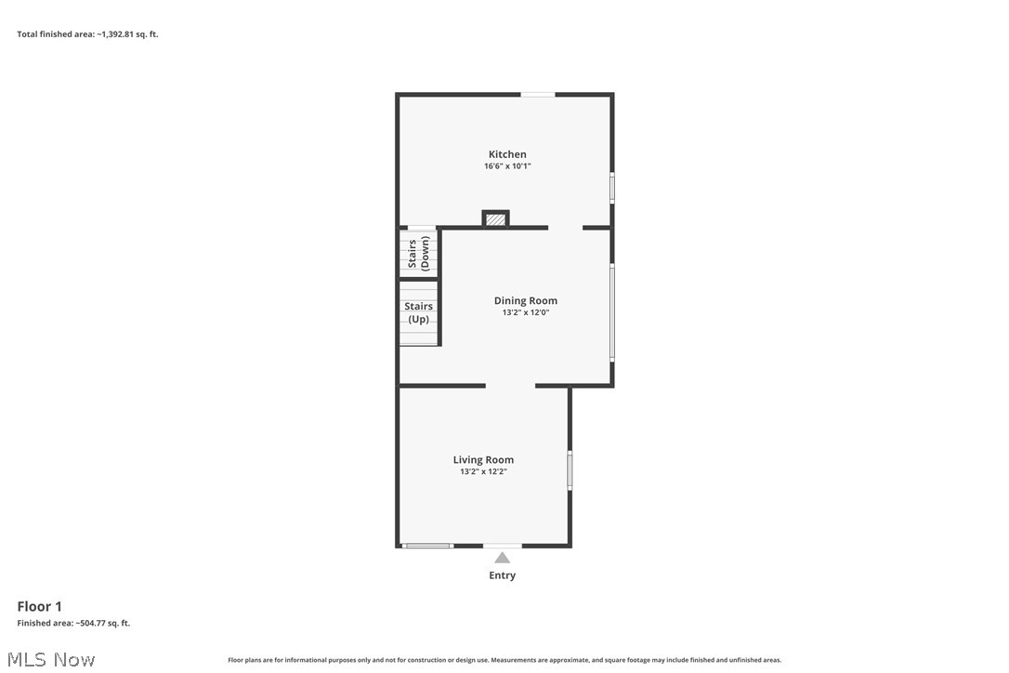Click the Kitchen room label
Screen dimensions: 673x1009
coord(507,154)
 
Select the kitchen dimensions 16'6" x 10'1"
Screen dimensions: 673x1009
coord(507,166)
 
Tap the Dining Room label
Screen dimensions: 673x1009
coord(525,300)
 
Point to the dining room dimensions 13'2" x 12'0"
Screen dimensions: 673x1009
coord(525,313)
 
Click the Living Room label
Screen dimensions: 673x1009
coord(483,459)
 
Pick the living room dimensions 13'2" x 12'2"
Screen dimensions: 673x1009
coord(483,472)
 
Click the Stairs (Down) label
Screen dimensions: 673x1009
coord(418,254)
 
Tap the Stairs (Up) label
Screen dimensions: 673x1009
coord(418,312)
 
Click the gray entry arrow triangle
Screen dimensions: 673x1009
coord(502,558)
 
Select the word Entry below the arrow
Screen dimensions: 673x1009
coord(502,575)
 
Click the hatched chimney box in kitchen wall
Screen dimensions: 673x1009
coord(496,219)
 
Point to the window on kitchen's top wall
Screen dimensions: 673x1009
coord(538,94)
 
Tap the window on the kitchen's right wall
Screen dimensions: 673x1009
coord(611,187)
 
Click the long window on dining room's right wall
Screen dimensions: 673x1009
coord(611,312)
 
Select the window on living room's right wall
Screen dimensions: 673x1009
coord(570,469)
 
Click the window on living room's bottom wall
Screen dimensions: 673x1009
coord(427,546)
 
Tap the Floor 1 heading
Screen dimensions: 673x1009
coord(39,607)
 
